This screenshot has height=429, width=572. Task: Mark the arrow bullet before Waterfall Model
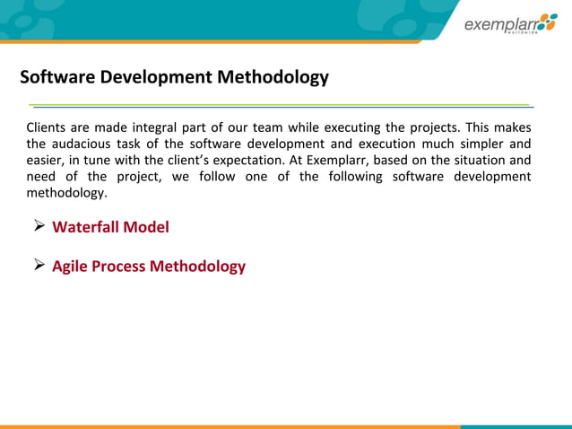click(39, 227)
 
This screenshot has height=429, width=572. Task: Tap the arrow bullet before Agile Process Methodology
click(39, 266)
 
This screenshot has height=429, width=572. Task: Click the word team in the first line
click(267, 127)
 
